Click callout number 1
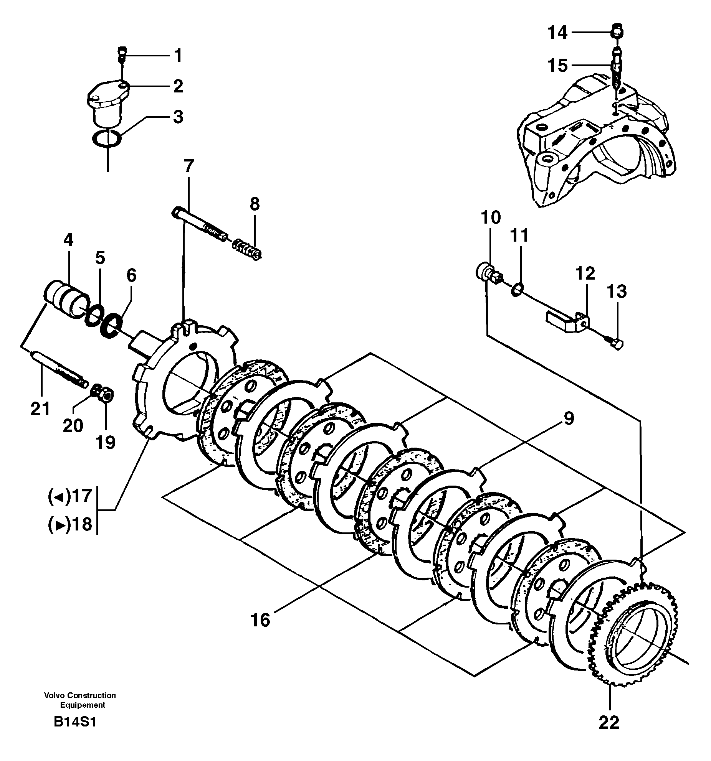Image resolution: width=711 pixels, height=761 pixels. click(177, 56)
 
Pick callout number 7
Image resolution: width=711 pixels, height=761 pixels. click(188, 166)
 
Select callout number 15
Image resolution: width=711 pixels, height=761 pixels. click(557, 66)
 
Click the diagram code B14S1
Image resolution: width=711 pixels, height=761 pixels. click(75, 722)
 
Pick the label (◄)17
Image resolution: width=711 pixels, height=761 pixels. click(70, 496)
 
